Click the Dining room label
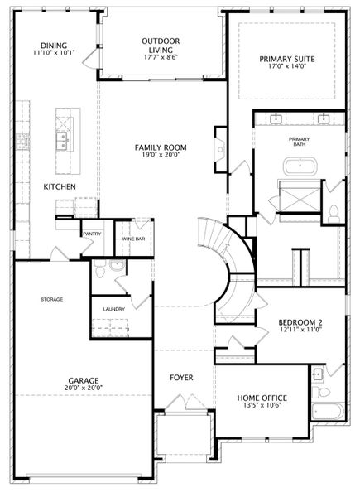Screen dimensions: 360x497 click(54, 46)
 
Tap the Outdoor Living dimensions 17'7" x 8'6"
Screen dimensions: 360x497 click(161, 57)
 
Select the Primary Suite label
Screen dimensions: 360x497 click(287, 60)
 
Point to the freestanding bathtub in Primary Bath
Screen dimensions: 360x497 click(300, 166)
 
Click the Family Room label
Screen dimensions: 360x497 click(161, 147)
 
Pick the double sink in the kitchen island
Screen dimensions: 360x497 click(63, 141)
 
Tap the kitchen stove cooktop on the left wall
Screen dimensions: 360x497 click(23, 141)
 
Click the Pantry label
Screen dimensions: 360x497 click(92, 234)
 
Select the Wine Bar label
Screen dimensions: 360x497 click(133, 239)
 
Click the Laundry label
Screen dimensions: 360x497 click(114, 309)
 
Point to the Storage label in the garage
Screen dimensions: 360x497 click(52, 299)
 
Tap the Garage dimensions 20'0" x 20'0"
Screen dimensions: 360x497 click(84, 388)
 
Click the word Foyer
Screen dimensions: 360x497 click(181, 378)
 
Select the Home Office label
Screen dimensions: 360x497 click(262, 398)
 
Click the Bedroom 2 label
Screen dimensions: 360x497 click(300, 322)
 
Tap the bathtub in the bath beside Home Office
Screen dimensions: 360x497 click(328, 412)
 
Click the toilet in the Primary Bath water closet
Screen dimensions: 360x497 click(333, 214)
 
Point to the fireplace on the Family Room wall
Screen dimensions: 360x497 click(221, 150)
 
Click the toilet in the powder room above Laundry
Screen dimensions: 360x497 click(100, 268)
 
